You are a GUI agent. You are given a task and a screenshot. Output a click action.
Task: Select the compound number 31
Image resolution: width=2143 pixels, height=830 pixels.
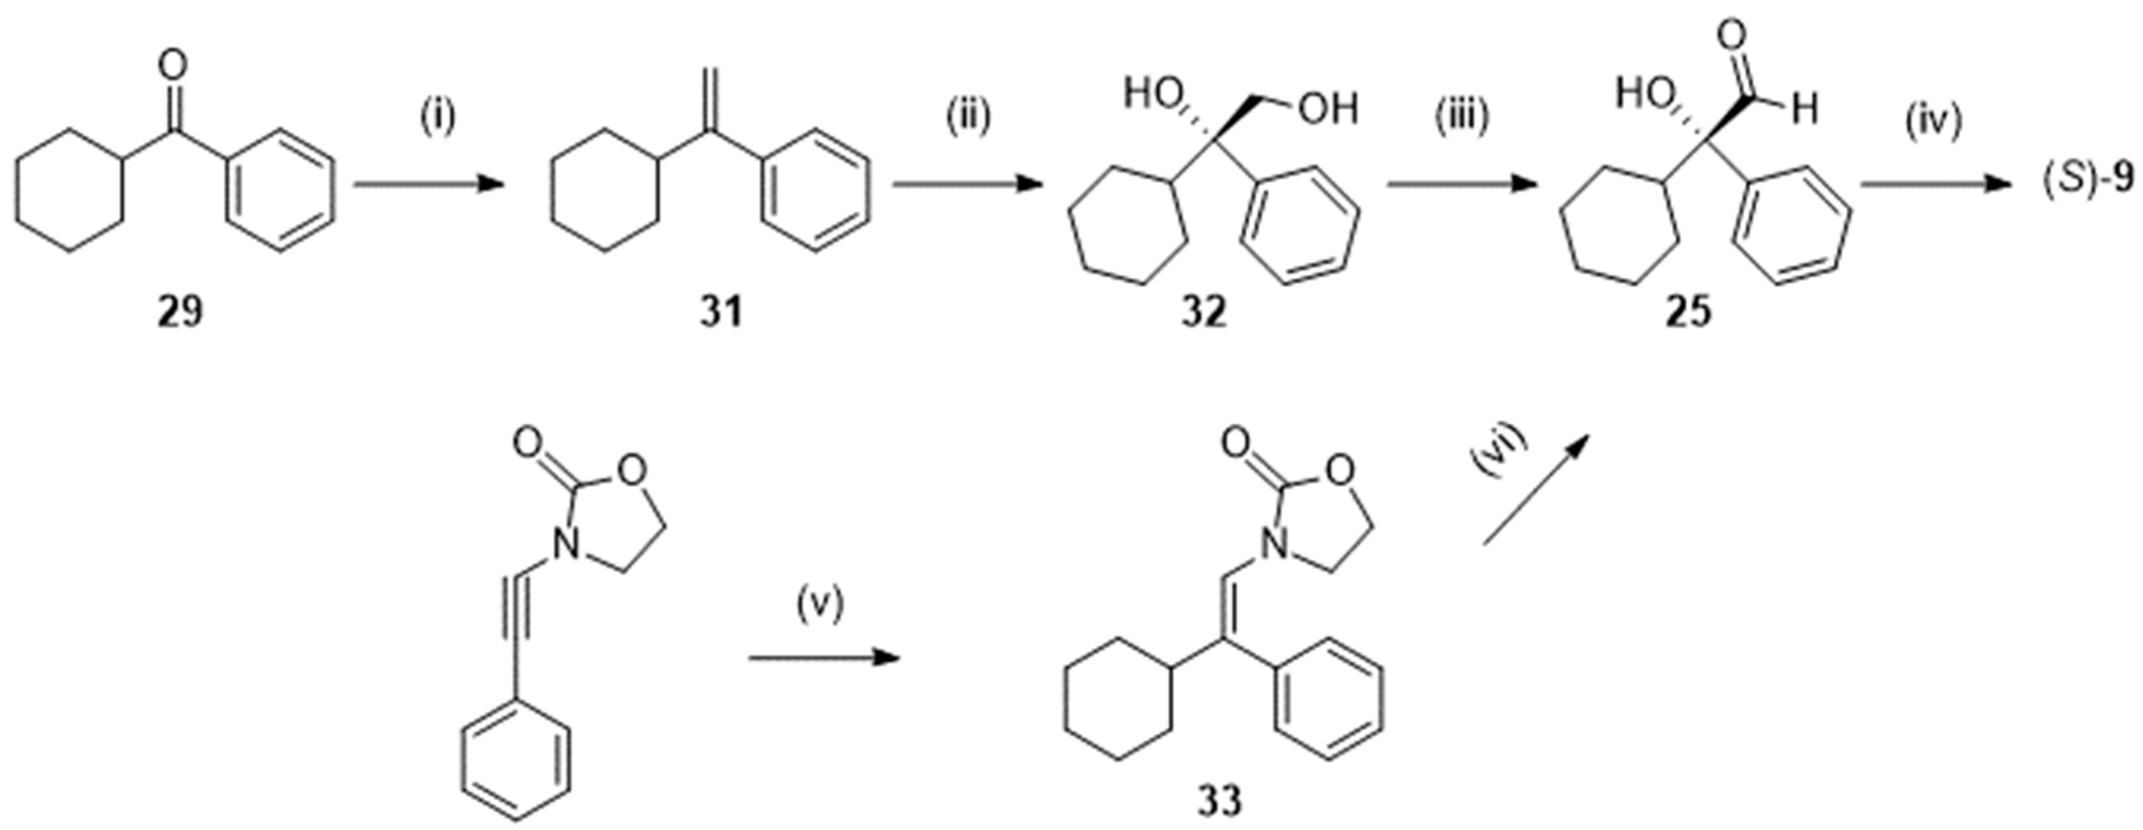[720, 314]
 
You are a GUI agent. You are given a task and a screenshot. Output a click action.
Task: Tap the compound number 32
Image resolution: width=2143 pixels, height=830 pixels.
[1204, 314]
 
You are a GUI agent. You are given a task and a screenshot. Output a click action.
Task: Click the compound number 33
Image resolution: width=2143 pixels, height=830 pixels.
[1220, 800]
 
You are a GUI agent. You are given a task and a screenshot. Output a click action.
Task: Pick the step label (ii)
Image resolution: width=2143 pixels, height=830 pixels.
[967, 117]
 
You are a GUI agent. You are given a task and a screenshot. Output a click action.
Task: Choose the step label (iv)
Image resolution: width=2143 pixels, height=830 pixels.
[1933, 117]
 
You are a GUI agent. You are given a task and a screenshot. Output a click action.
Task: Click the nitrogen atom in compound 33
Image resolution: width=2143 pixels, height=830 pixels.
[1270, 546]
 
